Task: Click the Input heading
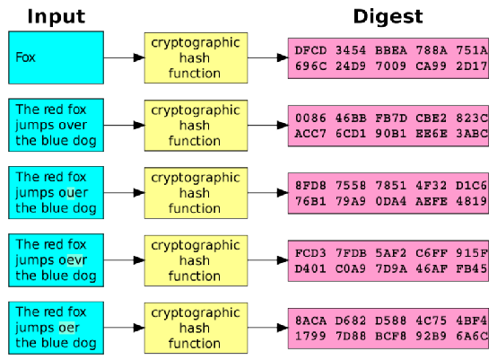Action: click(x=57, y=16)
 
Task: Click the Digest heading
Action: click(x=388, y=16)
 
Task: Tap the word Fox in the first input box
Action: click(x=25, y=57)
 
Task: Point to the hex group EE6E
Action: click(x=432, y=134)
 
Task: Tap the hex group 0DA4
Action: click(x=391, y=201)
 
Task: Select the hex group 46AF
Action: click(x=432, y=268)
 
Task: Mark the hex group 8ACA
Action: click(x=310, y=320)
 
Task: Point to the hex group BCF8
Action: click(x=391, y=336)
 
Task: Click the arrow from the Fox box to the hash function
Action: click(x=124, y=57)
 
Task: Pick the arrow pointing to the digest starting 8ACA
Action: click(x=268, y=328)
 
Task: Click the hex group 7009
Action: click(x=391, y=66)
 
